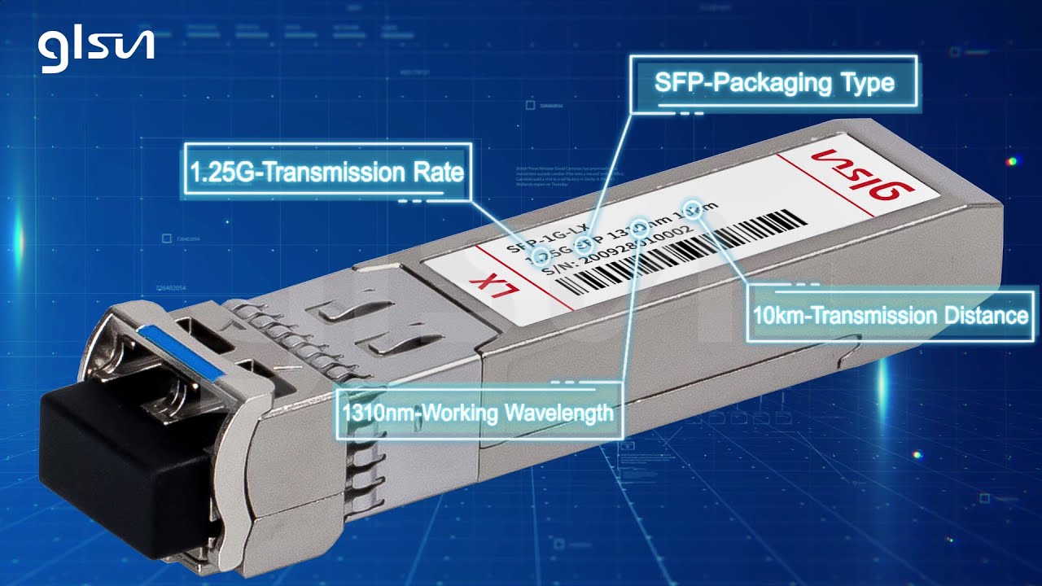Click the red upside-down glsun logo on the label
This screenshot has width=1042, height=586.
[x=864, y=173]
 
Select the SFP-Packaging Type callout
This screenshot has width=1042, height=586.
[x=774, y=83]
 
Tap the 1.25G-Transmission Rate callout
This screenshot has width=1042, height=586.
[x=326, y=172]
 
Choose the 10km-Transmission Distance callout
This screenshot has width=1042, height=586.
[x=891, y=315]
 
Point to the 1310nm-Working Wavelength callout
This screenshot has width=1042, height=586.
[x=478, y=412]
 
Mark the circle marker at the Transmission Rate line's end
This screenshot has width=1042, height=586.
[x=538, y=255]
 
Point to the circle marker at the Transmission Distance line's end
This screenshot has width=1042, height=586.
[x=694, y=207]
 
